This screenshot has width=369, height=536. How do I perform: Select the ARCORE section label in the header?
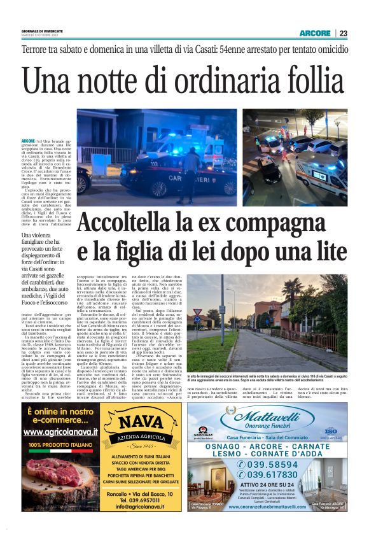click(x=316, y=33)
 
